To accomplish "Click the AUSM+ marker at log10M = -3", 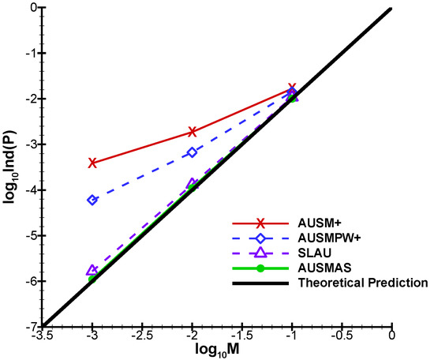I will (x=93, y=163).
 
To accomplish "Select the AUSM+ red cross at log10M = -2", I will (x=193, y=132).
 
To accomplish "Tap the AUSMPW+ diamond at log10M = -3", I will (x=93, y=200).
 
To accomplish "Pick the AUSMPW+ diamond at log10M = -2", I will (x=193, y=152).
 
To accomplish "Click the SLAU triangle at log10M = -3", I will (x=93, y=270).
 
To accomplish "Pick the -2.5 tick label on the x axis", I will (x=143, y=338).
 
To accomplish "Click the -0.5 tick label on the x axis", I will (x=342, y=338).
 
